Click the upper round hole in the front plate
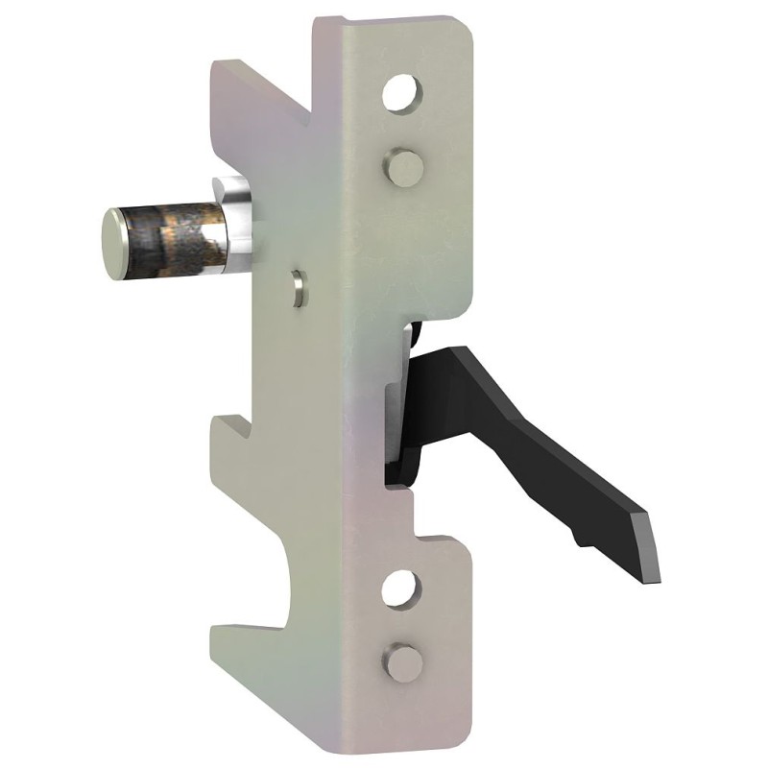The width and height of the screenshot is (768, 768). [x=401, y=93]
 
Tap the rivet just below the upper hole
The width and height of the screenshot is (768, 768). [x=403, y=167]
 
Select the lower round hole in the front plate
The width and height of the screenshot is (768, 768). [x=401, y=587]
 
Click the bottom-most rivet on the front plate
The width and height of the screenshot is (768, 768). [x=404, y=661]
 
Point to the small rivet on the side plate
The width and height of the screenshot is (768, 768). [x=299, y=287]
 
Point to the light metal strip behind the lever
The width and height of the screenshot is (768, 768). [x=395, y=413]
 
